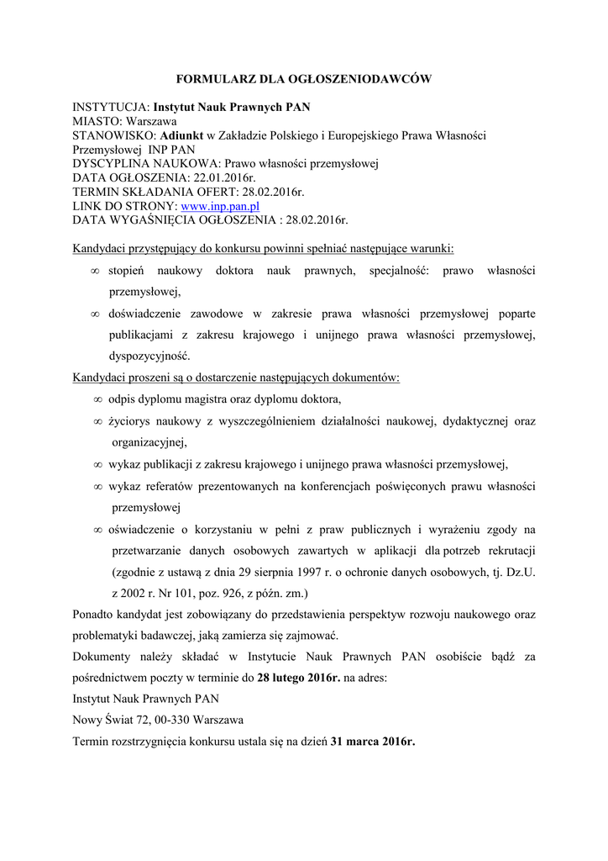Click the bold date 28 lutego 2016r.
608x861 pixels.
[298, 678]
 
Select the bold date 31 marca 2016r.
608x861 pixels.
[373, 742]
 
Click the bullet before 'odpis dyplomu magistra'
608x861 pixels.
[97, 399]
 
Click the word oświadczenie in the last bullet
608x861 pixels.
[142, 530]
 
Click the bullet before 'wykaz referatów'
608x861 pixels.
[97, 487]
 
